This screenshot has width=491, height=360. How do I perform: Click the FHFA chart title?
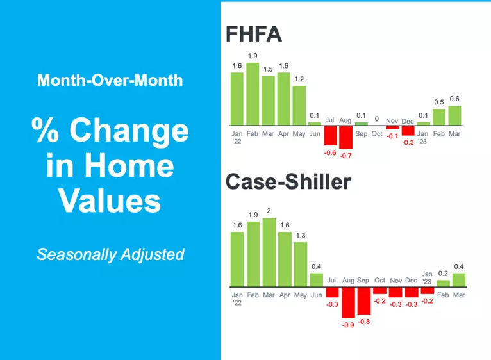[x=253, y=34]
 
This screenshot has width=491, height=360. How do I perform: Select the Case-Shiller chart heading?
[x=288, y=182]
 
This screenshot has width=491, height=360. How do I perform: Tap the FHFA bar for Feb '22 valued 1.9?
[x=253, y=94]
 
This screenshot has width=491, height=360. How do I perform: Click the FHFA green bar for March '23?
[x=454, y=115]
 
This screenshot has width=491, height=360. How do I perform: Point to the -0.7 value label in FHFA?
[x=347, y=156]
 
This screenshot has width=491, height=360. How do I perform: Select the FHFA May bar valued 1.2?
[x=299, y=105]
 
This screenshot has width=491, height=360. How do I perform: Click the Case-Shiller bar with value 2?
[x=269, y=252]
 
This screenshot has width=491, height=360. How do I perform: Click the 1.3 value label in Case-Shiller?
[x=300, y=235]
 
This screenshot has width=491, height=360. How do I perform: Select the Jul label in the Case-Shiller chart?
[x=331, y=281]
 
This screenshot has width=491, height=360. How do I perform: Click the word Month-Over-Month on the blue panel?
[x=110, y=81]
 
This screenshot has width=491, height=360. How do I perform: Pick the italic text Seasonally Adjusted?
[x=110, y=254]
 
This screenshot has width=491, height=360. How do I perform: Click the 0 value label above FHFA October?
[x=377, y=119]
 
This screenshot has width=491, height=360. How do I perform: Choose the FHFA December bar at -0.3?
[x=408, y=131]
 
